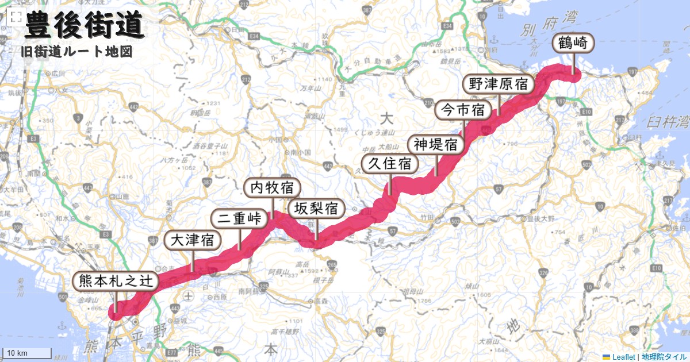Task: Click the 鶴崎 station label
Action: click(x=573, y=42)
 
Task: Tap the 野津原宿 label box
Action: click(x=498, y=84)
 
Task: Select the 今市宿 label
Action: click(x=462, y=109)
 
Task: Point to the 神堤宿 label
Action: click(x=436, y=144)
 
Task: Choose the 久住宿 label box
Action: click(x=390, y=164)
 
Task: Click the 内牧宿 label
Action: click(x=273, y=187)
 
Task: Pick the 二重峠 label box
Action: click(x=239, y=219)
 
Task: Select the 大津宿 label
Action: click(x=193, y=240)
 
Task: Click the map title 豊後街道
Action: click(x=84, y=26)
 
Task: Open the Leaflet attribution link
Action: click(x=623, y=357)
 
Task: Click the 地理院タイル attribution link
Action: click(x=664, y=357)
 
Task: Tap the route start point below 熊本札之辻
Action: click(x=116, y=312)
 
